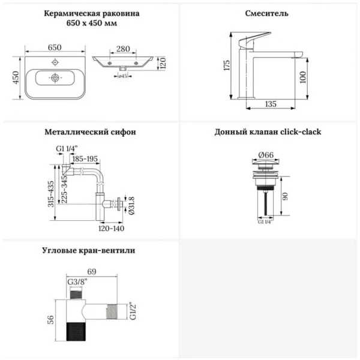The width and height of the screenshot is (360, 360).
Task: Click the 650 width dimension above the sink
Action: [x=55, y=47]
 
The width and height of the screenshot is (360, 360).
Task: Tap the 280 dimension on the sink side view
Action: [x=123, y=49]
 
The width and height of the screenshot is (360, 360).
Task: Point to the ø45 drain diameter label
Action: [x=123, y=76]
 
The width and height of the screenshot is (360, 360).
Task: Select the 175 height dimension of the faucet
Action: [x=227, y=65]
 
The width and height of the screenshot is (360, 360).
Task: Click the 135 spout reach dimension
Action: [x=271, y=104]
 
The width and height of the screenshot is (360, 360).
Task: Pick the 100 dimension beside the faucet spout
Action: [x=303, y=77]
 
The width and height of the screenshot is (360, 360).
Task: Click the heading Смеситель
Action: [x=266, y=13]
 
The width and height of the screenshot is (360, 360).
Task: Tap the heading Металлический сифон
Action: [x=90, y=132]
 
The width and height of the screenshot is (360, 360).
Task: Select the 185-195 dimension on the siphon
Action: [x=85, y=158]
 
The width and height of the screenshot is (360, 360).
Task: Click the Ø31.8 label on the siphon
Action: [x=132, y=206]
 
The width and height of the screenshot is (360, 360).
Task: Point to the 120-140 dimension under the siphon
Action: [x=112, y=228]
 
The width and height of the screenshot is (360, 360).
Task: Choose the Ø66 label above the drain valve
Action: [x=266, y=155]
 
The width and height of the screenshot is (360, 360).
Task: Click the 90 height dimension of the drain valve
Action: [x=284, y=196]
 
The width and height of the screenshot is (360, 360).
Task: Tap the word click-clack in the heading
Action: [x=301, y=132]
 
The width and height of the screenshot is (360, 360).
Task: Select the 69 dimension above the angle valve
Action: [x=92, y=271]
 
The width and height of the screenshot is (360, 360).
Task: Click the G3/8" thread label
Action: [x=77, y=282]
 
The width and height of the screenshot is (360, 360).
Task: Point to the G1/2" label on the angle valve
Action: [x=133, y=311]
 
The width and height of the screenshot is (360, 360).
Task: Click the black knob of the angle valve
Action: [x=76, y=332]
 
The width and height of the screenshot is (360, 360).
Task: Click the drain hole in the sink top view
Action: [x=55, y=78]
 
